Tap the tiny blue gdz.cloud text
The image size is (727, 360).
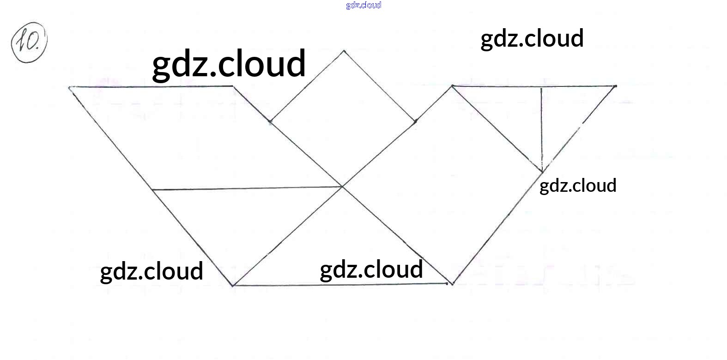coord(363,5)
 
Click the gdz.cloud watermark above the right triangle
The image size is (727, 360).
coord(532,38)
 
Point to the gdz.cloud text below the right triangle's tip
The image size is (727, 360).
coord(578,185)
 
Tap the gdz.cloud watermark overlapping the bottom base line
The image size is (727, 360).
coord(371,269)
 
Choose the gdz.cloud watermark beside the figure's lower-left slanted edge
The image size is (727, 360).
coord(151,271)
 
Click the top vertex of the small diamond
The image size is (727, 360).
coord(343,51)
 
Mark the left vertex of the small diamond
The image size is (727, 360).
coord(270,122)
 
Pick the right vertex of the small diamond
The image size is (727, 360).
coord(415,121)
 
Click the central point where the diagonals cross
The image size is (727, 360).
coord(342,187)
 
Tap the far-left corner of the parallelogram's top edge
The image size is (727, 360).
coord(70,87)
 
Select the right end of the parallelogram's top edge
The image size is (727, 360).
coord(233,86)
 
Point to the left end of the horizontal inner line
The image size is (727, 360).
coord(152,189)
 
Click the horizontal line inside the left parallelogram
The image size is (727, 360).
coord(247,188)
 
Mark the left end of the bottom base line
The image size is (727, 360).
coord(233,286)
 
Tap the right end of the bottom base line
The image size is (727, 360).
coord(451,284)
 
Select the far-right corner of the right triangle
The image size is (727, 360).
coord(615,86)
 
